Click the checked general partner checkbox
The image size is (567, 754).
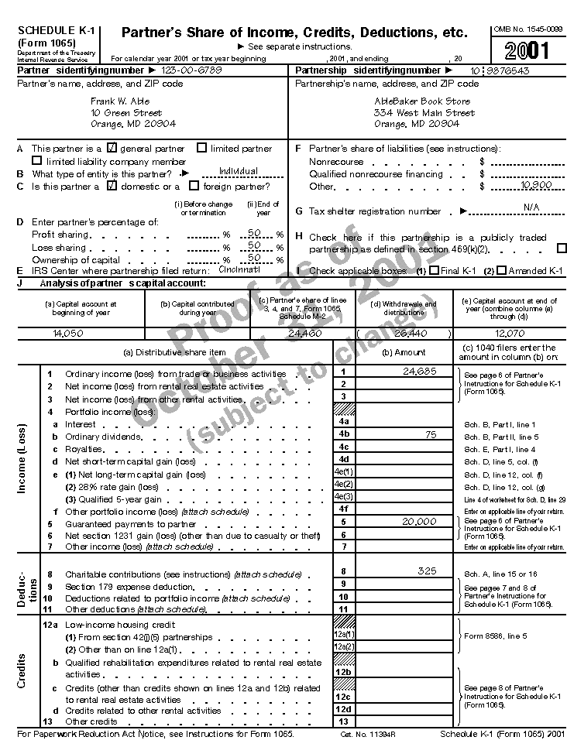click(112, 148)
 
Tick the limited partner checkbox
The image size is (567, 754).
click(202, 148)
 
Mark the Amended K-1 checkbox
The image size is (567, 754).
click(501, 271)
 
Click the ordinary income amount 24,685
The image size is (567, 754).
click(421, 372)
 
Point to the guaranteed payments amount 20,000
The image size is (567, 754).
click(421, 523)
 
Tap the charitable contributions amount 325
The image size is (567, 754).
click(427, 571)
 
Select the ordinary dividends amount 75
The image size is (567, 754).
click(431, 436)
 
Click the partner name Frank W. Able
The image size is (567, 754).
click(120, 101)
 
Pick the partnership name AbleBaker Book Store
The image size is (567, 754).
click(421, 101)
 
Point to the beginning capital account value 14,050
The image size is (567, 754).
click(68, 333)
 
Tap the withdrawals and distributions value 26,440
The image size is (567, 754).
click(403, 333)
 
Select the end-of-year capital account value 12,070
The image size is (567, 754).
click(510, 333)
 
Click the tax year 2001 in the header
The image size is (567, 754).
click(529, 50)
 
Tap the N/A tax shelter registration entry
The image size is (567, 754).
click(531, 207)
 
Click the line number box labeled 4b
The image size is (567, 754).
click(344, 434)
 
